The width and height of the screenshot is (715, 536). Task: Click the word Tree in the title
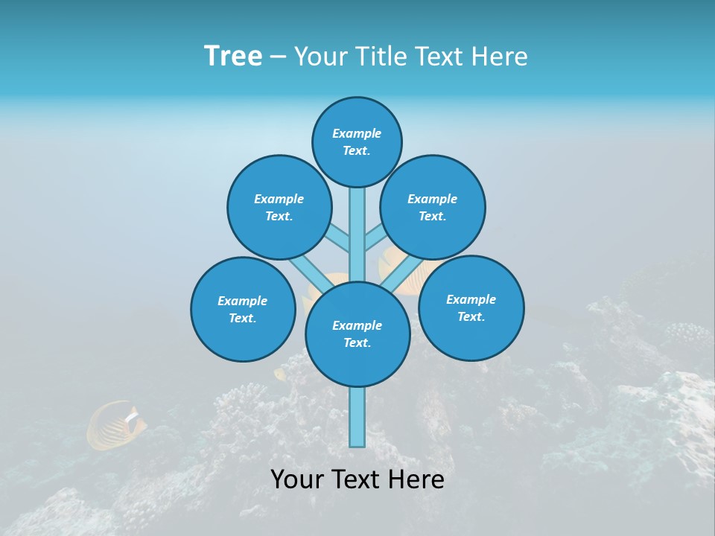point(233,56)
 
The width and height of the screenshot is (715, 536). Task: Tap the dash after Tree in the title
point(278,57)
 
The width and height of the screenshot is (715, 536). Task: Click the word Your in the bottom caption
point(298,479)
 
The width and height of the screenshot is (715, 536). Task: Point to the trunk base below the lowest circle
point(357,417)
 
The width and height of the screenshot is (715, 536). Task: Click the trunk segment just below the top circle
point(357,212)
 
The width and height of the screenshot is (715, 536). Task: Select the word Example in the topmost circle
point(357,133)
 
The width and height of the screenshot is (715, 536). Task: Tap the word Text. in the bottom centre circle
point(357,343)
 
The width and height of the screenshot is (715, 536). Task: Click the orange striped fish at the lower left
point(115,424)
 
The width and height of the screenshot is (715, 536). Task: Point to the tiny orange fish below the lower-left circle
point(280,374)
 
